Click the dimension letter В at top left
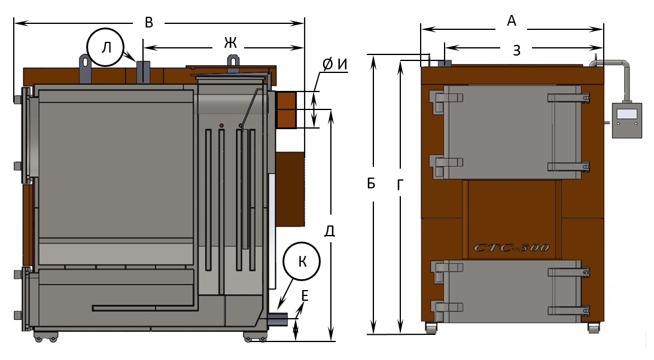click(x=149, y=23)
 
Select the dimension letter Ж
click(x=230, y=42)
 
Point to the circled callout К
click(x=302, y=261)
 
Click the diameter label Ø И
click(x=334, y=65)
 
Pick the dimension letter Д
click(x=329, y=231)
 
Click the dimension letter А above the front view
click(x=512, y=22)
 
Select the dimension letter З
click(x=516, y=50)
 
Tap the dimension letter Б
click(x=372, y=184)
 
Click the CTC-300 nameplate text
click(x=511, y=247)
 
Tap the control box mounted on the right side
click(x=626, y=120)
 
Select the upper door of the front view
click(x=512, y=132)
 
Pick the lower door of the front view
click(x=512, y=289)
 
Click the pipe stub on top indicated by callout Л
click(x=143, y=72)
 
